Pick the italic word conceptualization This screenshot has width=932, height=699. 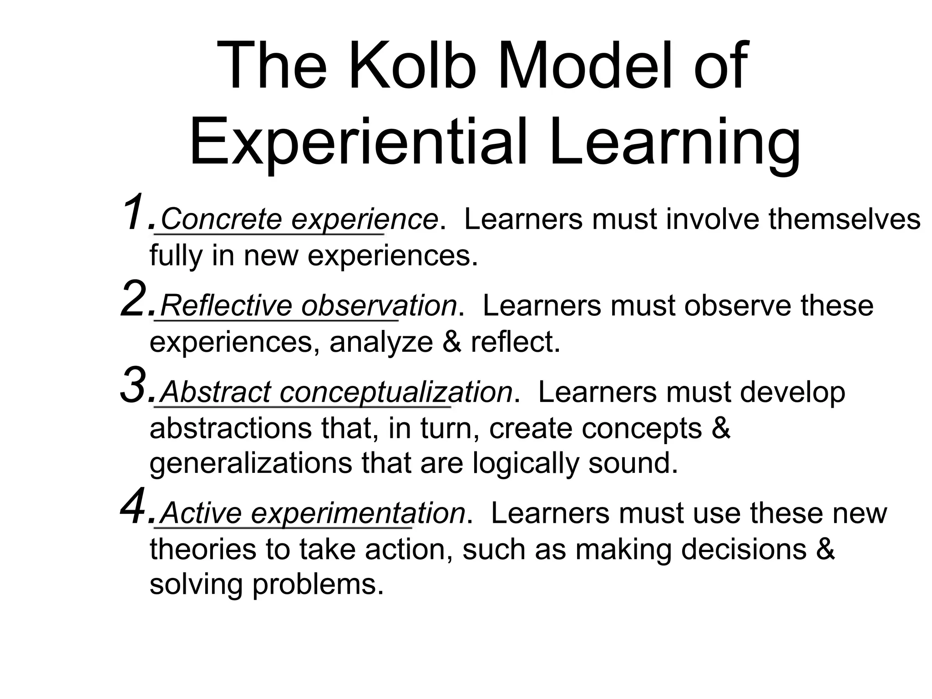tap(396, 392)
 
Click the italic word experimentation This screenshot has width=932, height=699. tap(358, 513)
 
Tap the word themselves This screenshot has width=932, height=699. tap(845, 219)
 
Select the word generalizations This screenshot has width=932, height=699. tap(251, 463)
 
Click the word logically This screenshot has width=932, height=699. tap(526, 463)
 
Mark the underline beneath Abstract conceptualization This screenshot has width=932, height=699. tap(303, 407)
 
